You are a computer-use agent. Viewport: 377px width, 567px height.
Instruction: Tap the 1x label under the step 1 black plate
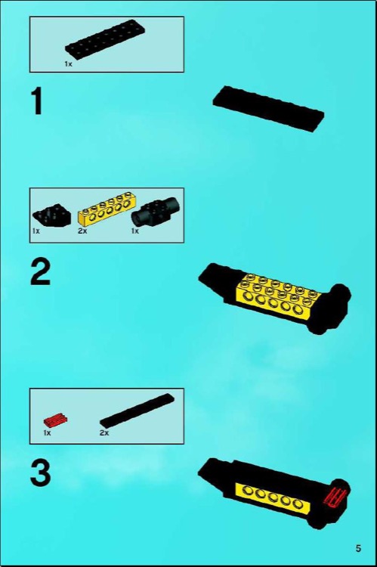[x=68, y=65]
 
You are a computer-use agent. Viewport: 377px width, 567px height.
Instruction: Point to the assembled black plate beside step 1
[x=268, y=108]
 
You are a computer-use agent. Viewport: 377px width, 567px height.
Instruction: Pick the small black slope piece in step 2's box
[x=52, y=215]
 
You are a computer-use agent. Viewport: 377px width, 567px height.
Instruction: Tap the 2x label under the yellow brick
[x=82, y=231]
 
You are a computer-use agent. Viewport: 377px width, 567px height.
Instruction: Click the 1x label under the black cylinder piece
[x=135, y=231]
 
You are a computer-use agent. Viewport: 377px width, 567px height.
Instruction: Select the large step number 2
[x=40, y=273]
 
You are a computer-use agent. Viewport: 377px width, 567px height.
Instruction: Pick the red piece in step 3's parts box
[x=54, y=419]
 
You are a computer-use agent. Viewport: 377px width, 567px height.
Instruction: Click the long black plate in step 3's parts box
[x=136, y=411]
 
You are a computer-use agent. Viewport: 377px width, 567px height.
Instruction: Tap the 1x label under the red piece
[x=47, y=433]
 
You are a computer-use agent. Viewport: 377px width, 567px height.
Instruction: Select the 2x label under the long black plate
[x=104, y=433]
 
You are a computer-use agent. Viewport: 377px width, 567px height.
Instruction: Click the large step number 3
[x=40, y=474]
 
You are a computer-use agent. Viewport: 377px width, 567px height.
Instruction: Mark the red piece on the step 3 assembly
[x=334, y=496]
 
